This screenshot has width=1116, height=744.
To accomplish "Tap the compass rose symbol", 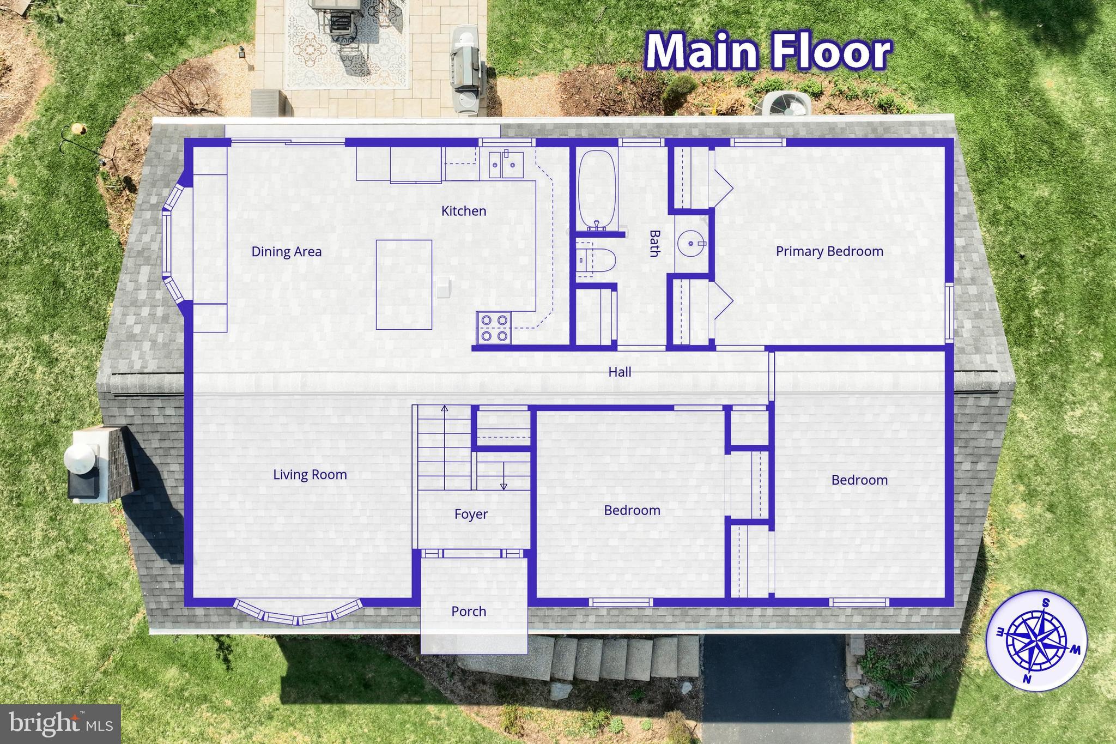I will point(1036,641).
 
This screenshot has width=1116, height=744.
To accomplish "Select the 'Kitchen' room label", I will point(464,211).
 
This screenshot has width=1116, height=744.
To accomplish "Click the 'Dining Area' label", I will point(286,252).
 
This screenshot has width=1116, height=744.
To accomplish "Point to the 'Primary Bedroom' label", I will point(829,251).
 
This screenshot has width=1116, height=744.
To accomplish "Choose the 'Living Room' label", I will point(310,475).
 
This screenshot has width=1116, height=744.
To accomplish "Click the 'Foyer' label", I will point(471,514).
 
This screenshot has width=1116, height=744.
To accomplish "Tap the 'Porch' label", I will point(469,612).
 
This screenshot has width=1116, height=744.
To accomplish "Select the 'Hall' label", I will point(620,372).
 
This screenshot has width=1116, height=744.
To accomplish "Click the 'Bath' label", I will point(654,243).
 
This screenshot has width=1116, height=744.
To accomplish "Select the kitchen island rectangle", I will point(404,285).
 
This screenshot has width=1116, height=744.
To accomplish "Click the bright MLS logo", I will point(60,724).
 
